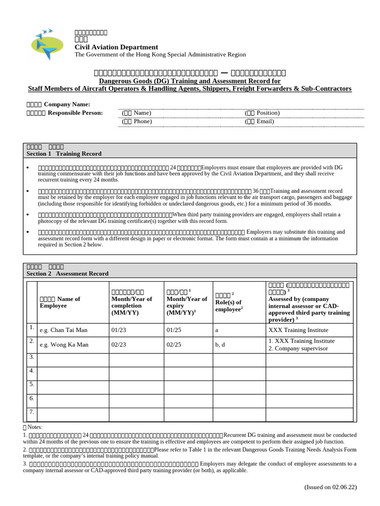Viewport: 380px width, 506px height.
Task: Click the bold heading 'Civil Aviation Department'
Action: [116, 47]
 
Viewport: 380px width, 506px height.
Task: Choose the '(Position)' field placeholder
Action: [262, 113]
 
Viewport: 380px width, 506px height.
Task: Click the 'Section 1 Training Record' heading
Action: [64, 154]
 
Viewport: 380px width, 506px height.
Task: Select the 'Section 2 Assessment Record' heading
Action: [67, 273]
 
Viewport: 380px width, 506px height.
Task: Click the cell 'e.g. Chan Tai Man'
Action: [64, 330]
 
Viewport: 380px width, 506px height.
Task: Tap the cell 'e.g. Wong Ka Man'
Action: [64, 344]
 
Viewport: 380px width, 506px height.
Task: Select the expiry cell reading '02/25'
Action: [174, 344]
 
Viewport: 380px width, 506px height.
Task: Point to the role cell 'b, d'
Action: [220, 344]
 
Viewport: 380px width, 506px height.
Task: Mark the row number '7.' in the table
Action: [31, 411]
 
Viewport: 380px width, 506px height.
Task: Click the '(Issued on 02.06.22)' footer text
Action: [330, 487]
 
